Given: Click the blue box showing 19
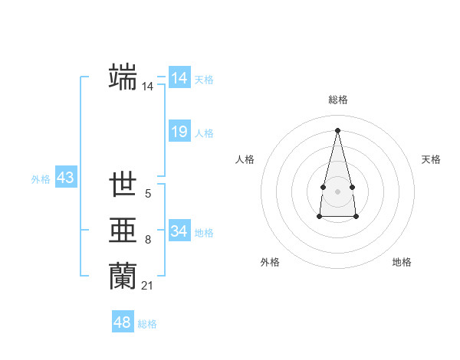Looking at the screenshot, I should pyautogui.click(x=179, y=132).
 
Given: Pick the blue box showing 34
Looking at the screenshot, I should pyautogui.click(x=179, y=231).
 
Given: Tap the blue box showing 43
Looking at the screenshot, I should pyautogui.click(x=65, y=178).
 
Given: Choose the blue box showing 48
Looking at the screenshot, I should pyautogui.click(x=123, y=322).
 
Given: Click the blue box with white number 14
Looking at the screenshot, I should pyautogui.click(x=179, y=78).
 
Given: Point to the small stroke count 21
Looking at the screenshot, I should pyautogui.click(x=147, y=286).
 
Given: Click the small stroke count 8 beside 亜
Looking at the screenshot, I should pyautogui.click(x=148, y=241).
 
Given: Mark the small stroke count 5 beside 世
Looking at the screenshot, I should pyautogui.click(x=148, y=195).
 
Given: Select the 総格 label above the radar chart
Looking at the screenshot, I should pyautogui.click(x=338, y=100).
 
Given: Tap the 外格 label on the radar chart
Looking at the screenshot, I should pyautogui.click(x=270, y=262).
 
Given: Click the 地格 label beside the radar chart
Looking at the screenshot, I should pyautogui.click(x=402, y=262).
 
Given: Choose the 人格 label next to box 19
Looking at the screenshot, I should pyautogui.click(x=204, y=133).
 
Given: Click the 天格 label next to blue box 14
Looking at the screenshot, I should pyautogui.click(x=204, y=80).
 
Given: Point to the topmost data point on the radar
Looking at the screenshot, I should pyautogui.click(x=337, y=129).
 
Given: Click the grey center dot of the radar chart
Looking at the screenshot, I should pyautogui.click(x=337, y=190).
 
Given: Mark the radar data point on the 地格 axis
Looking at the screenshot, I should pyautogui.click(x=356, y=217).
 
